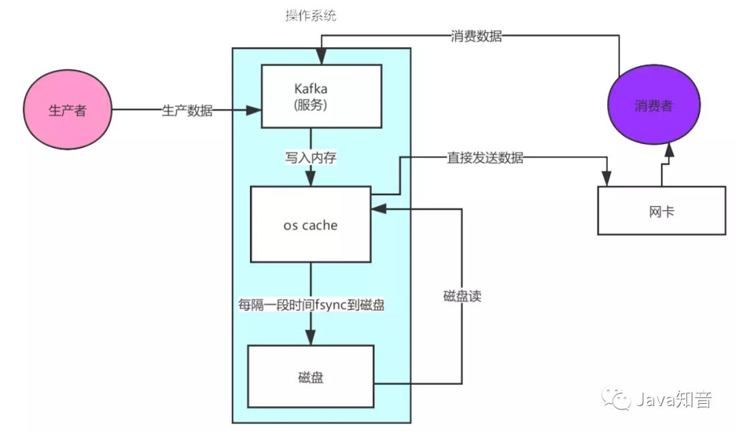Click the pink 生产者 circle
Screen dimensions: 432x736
click(67, 111)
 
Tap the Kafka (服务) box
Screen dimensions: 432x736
click(320, 96)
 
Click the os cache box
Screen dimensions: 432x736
click(310, 224)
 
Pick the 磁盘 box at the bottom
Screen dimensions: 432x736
click(310, 376)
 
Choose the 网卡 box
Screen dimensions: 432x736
click(661, 211)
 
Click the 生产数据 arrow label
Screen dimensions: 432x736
click(187, 111)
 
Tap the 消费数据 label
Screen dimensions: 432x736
click(476, 37)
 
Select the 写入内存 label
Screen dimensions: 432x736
click(311, 157)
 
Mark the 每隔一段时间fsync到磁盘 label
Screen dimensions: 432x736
click(311, 305)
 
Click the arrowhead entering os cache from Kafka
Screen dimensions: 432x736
click(311, 179)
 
